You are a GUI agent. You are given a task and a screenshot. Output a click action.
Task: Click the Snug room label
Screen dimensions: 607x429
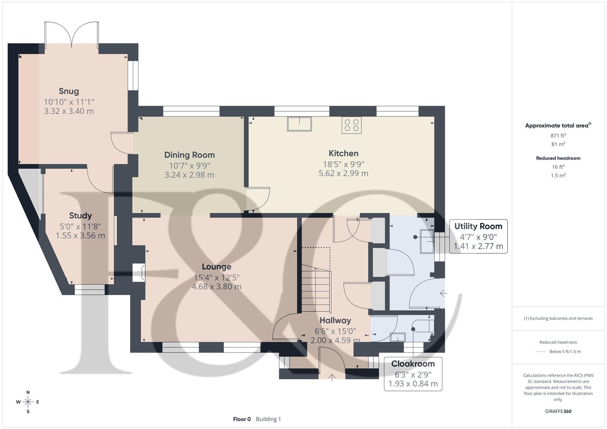click(x=69, y=91)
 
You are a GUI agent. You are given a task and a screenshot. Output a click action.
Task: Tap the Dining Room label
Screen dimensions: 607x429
click(x=190, y=155)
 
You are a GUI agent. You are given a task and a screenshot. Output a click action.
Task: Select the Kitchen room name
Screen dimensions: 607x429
click(x=343, y=153)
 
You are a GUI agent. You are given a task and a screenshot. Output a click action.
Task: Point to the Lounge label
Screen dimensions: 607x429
click(x=217, y=267)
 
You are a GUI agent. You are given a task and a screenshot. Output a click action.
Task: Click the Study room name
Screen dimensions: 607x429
click(x=80, y=216)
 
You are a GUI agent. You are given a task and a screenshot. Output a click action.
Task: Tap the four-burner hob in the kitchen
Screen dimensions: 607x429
click(x=351, y=126)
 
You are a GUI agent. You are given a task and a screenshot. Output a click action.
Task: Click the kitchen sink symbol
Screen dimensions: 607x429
click(x=299, y=124)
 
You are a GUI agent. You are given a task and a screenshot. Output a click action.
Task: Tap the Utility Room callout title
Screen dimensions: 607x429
click(x=478, y=226)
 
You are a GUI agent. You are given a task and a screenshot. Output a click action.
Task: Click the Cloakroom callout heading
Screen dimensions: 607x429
click(x=413, y=364)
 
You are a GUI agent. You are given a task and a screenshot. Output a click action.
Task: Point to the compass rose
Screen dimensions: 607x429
click(x=28, y=402)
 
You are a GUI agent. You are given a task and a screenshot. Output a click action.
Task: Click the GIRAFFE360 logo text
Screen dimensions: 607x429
click(x=558, y=411)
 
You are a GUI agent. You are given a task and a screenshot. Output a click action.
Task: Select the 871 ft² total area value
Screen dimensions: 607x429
click(x=558, y=135)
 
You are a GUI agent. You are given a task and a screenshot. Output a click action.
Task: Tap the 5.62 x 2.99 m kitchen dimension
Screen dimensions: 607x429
click(x=343, y=173)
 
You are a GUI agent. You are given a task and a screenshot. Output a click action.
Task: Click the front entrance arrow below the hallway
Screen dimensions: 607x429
click(x=332, y=377)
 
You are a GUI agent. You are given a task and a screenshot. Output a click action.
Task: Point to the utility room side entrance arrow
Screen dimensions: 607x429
click(x=443, y=293)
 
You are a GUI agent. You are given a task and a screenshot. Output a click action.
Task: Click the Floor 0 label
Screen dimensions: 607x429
click(x=242, y=419)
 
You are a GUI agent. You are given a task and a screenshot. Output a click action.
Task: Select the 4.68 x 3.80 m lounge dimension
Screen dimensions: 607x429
click(x=217, y=286)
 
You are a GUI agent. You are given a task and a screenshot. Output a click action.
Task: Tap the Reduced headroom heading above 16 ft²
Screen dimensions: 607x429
click(x=558, y=158)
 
